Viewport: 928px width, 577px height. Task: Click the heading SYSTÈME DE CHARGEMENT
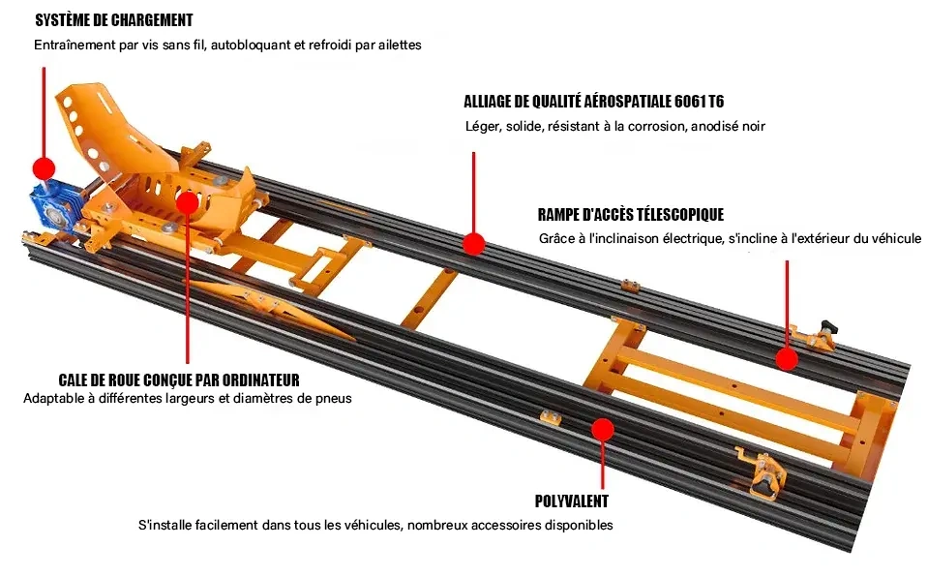coord(113,20)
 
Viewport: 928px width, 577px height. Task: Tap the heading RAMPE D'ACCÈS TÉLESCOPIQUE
coord(630,215)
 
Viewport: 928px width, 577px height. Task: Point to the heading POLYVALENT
coord(572,501)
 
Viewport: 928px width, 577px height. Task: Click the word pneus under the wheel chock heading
coord(332,398)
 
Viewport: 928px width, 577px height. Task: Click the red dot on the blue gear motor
coord(43,166)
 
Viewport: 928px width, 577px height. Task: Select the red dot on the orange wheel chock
coord(187,201)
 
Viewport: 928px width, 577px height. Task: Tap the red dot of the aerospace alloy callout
coord(472,243)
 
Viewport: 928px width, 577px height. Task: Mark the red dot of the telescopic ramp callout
coord(787,359)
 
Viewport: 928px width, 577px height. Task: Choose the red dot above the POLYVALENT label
coord(603,428)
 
